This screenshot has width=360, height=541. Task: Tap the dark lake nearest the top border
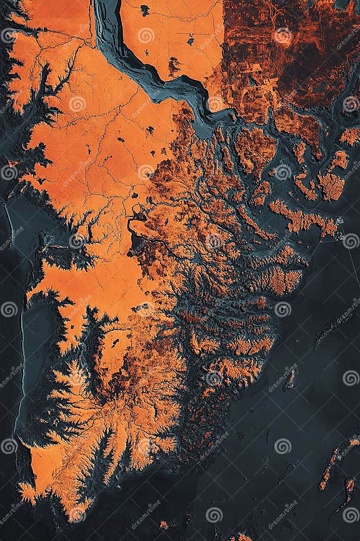[x=145, y=9]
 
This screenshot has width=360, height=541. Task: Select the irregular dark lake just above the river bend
[x=174, y=64]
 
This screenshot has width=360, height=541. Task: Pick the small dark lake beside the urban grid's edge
[x=190, y=41]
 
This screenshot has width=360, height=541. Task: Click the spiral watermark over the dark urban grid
[x=282, y=36]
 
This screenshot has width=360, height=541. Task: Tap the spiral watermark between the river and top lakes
[x=146, y=36]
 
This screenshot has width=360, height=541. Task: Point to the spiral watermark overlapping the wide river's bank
[x=214, y=104]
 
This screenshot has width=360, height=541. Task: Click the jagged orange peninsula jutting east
[x=300, y=219]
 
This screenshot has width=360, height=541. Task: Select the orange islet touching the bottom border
[x=241, y=537]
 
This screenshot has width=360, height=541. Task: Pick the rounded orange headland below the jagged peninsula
[x=284, y=281]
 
